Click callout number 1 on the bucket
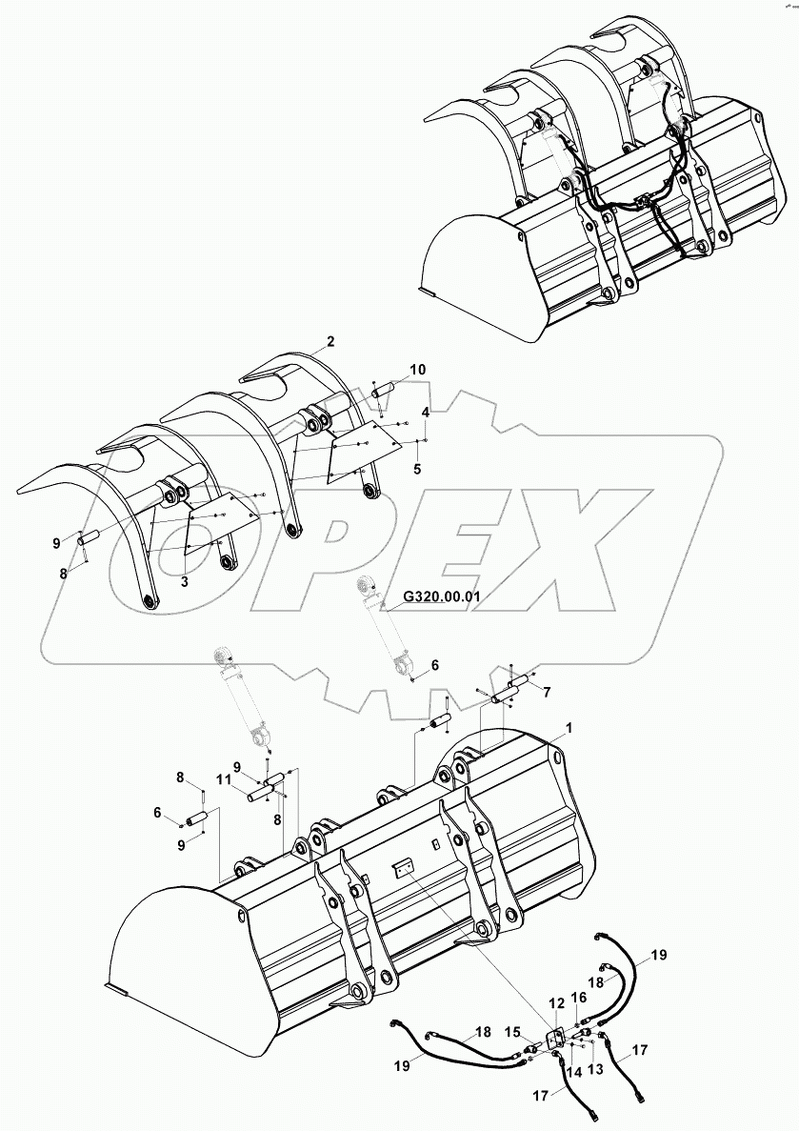pyautogui.click(x=569, y=728)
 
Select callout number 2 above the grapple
pyautogui.click(x=330, y=341)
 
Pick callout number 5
pyautogui.click(x=416, y=469)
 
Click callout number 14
pyautogui.click(x=573, y=1071)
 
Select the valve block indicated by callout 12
pyautogui.click(x=555, y=1040)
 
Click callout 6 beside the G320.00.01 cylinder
pyautogui.click(x=434, y=666)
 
